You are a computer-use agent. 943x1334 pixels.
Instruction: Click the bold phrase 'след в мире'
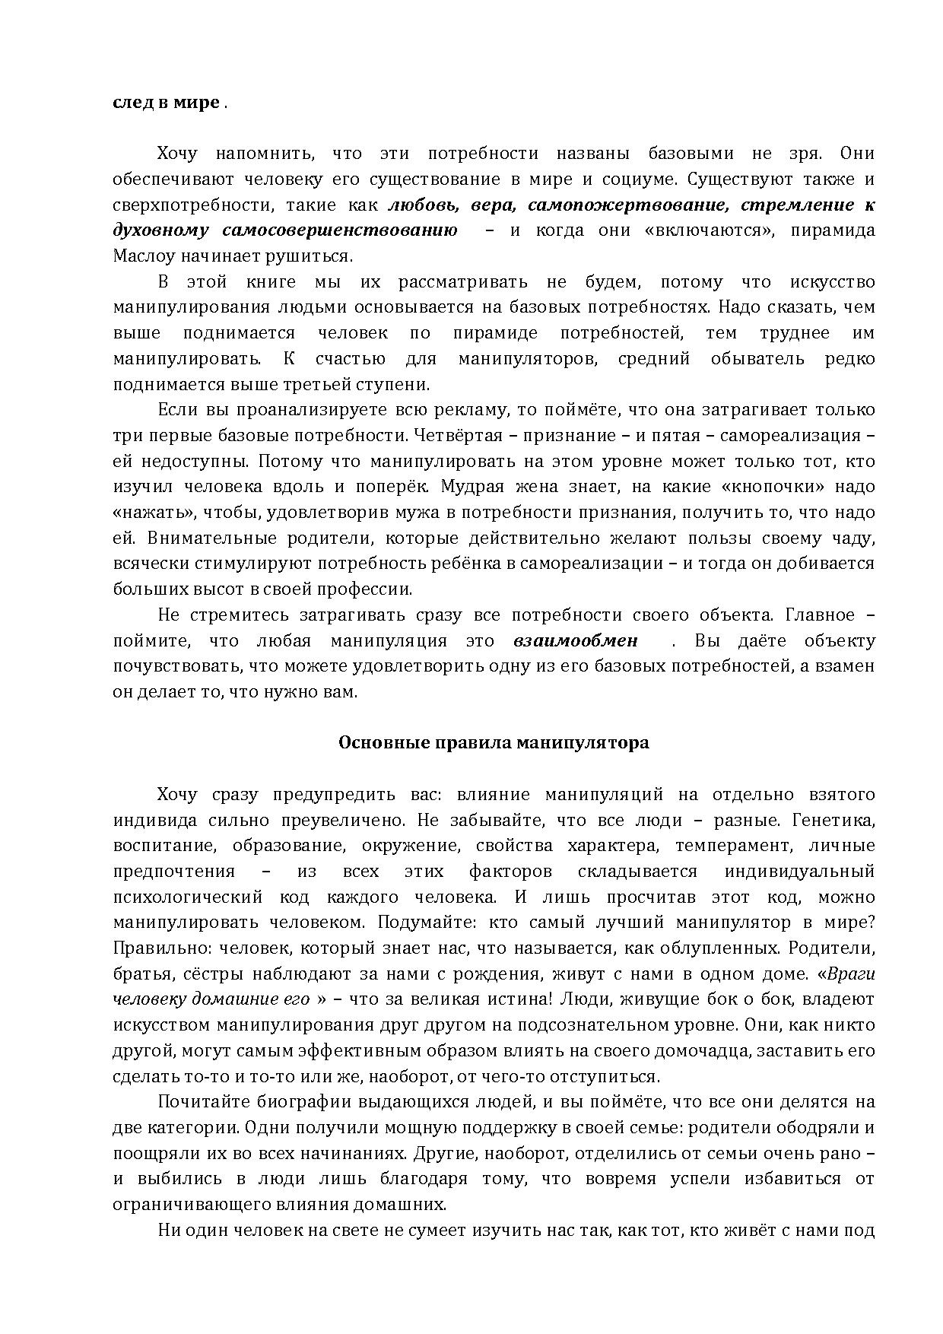[167, 103]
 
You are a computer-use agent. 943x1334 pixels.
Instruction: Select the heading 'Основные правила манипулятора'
[494, 743]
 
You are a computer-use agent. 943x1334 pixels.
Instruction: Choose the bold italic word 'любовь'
[423, 205]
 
